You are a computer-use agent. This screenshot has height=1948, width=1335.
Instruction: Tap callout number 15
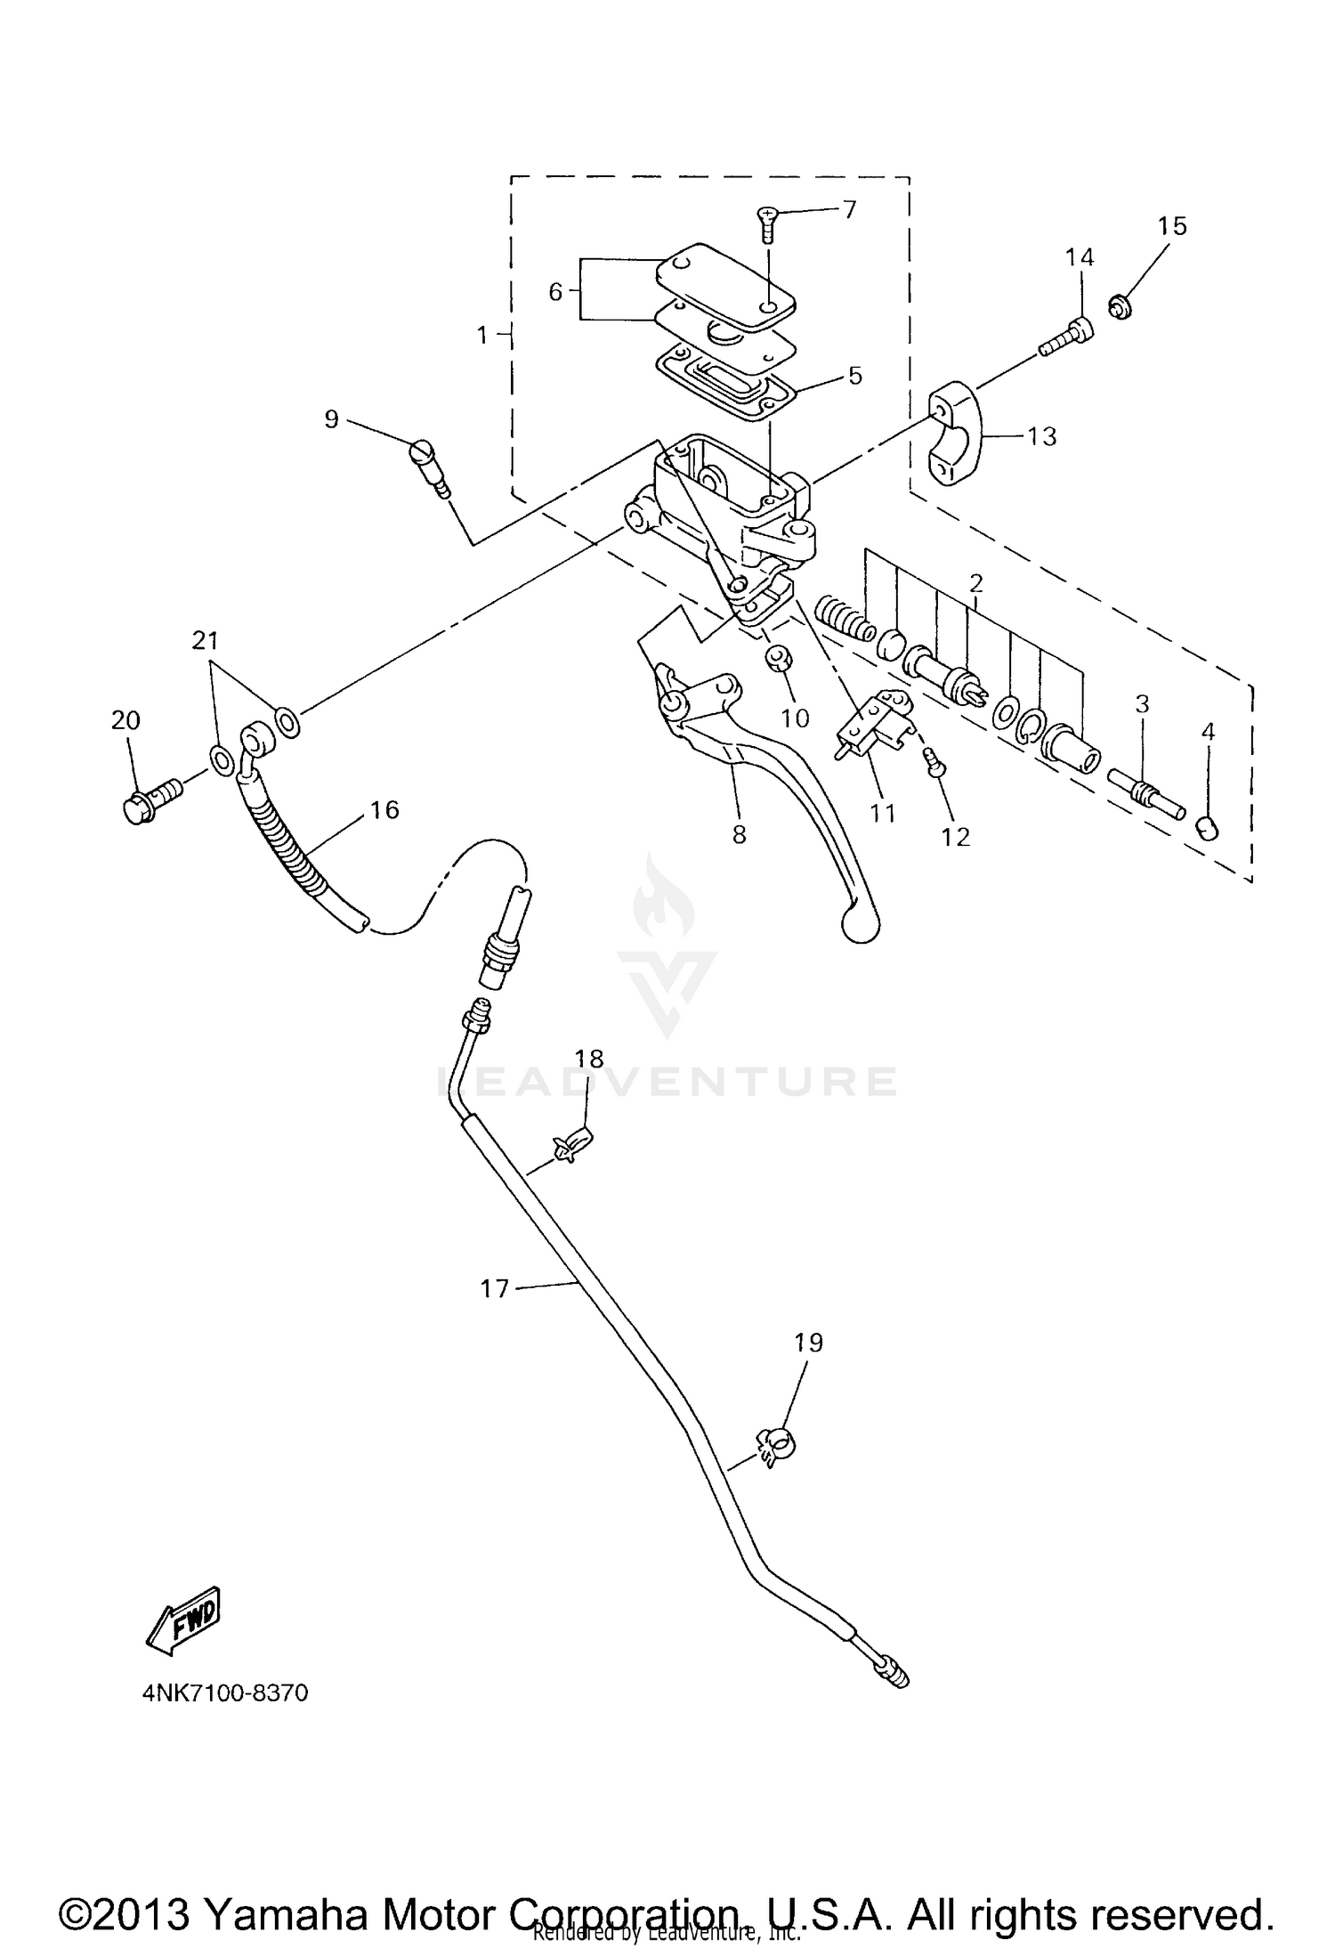(x=1172, y=226)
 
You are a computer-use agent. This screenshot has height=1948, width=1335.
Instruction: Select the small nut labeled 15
(x=1121, y=307)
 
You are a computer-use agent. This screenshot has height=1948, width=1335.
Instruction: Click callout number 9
(x=331, y=418)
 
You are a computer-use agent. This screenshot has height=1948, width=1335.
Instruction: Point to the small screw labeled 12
(x=934, y=761)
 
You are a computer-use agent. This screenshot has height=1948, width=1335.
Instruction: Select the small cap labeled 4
(x=1206, y=828)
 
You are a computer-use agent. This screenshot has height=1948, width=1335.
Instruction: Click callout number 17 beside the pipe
(x=494, y=1288)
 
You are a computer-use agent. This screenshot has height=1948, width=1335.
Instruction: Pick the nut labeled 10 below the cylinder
(x=781, y=660)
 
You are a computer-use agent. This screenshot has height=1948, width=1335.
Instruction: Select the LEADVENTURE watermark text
(x=667, y=1081)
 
